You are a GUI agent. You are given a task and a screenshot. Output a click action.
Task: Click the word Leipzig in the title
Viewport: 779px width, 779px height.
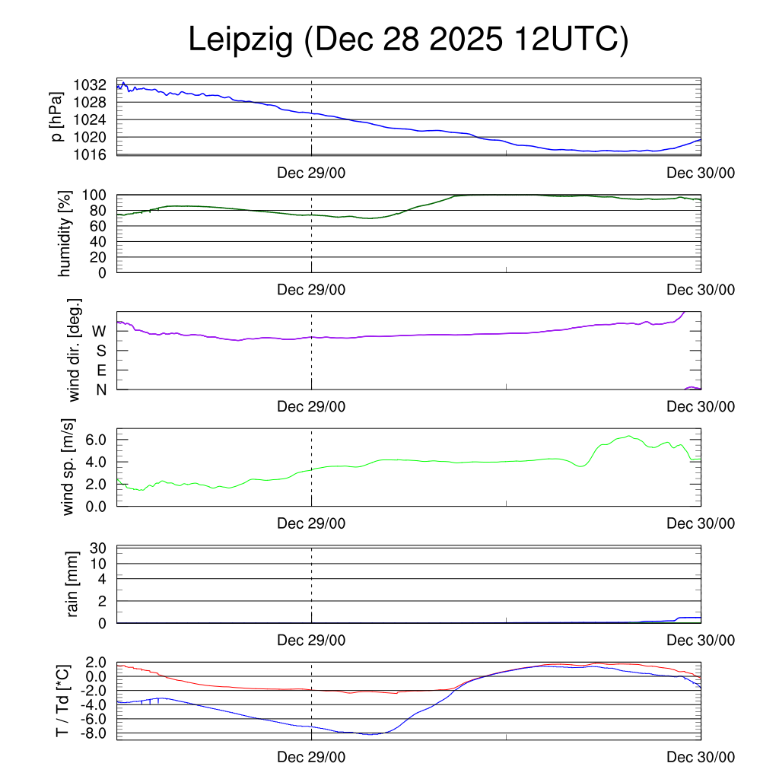[241, 40]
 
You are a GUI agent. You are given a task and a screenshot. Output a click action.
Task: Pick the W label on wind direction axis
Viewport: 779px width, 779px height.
[99, 331]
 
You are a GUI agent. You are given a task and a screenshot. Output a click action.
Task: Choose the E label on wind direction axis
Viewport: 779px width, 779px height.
[101, 370]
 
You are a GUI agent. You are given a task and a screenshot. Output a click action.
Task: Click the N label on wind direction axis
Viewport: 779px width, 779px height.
[100, 389]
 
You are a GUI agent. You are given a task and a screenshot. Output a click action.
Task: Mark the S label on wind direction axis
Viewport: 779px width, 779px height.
[100, 351]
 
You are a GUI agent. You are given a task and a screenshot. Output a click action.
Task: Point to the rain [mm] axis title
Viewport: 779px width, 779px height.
[73, 583]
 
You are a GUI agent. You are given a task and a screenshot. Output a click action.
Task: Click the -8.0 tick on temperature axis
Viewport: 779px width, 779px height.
[97, 733]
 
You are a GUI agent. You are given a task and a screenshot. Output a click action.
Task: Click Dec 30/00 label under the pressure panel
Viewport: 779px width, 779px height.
[701, 173]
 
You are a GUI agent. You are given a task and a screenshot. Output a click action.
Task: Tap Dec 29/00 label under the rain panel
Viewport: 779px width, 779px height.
[311, 641]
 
